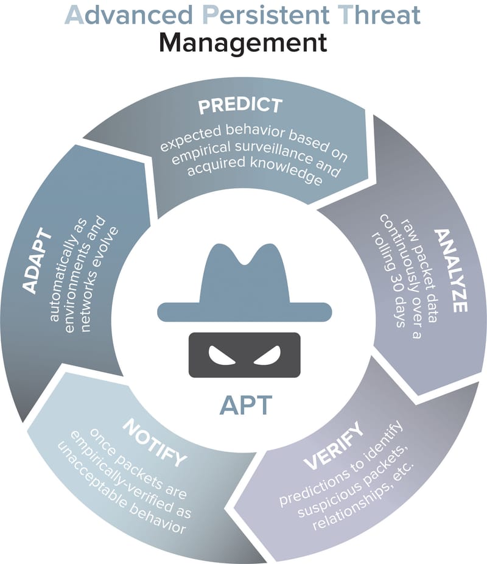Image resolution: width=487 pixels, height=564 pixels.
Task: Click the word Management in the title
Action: tap(243, 43)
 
